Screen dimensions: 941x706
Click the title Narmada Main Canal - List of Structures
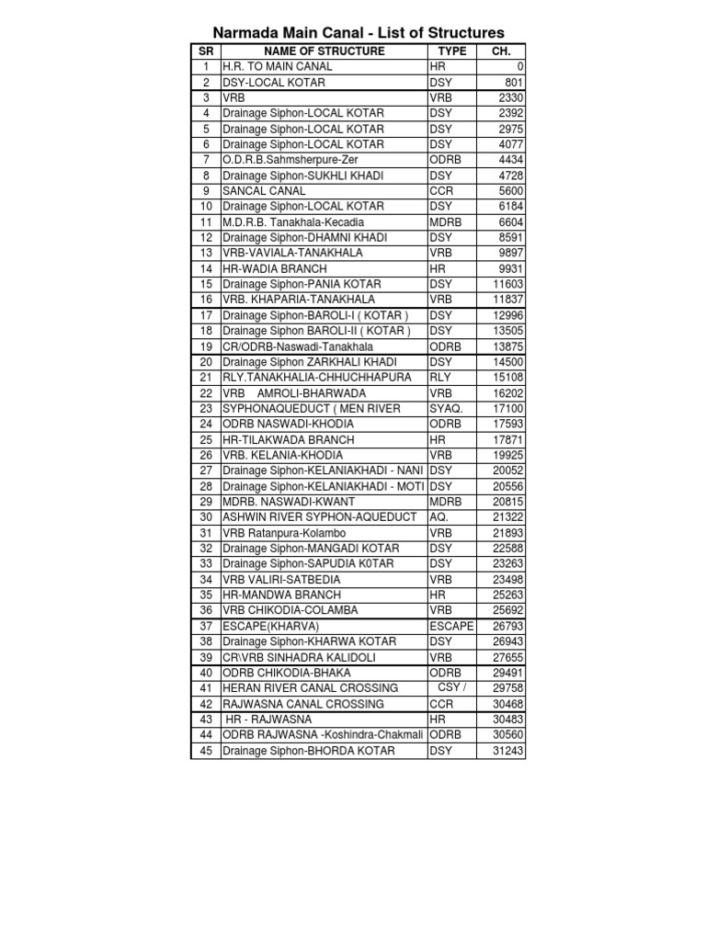tap(359, 33)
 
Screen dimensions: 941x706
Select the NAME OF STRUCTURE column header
tap(323, 51)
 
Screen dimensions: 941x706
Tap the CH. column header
tap(501, 51)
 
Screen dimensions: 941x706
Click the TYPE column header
tap(451, 51)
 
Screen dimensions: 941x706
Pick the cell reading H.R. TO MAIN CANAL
tap(278, 67)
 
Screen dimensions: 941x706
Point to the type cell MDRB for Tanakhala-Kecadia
tap(446, 222)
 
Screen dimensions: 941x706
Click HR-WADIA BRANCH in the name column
tap(275, 268)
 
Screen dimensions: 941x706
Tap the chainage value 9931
tap(510, 268)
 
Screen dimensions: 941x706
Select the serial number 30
tap(205, 516)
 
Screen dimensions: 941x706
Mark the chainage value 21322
tap(507, 516)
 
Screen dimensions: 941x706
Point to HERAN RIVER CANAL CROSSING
tap(311, 688)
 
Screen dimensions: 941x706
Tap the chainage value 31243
tap(507, 751)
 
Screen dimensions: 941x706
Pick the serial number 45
tap(205, 751)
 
